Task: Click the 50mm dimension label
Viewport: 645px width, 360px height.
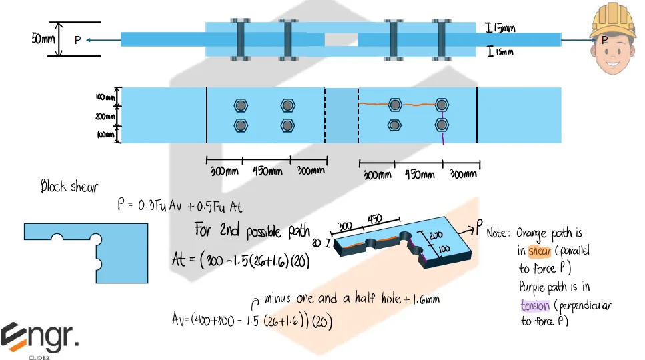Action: coord(44,40)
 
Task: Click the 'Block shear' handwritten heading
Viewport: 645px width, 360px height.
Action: coord(69,187)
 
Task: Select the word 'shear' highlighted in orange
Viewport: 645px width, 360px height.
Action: coord(539,251)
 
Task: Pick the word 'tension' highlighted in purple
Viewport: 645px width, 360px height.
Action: coord(536,305)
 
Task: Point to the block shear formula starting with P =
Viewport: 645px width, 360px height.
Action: coord(180,207)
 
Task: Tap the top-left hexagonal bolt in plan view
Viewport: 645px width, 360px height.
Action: coord(241,106)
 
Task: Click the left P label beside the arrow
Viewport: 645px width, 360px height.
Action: coord(77,41)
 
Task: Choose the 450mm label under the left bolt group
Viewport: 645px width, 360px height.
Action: coord(267,171)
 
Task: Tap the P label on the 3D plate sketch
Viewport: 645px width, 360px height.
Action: coord(479,229)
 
